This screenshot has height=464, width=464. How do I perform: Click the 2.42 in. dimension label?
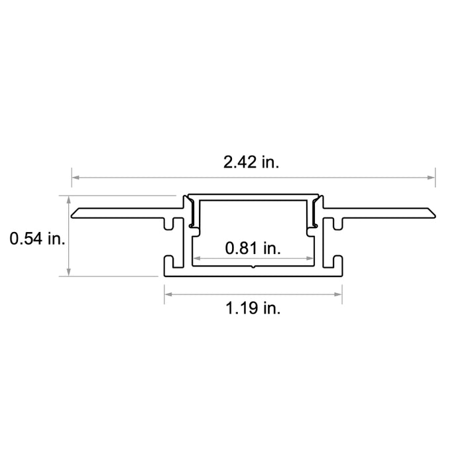(x=251, y=162)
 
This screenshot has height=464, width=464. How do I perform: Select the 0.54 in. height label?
(x=37, y=239)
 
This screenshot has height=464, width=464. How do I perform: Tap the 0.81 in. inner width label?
(x=253, y=249)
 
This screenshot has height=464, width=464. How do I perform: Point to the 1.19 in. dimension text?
(x=253, y=308)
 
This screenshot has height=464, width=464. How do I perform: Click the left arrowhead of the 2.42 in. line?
(x=76, y=178)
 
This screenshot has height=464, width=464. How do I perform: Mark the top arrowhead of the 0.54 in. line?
(x=69, y=200)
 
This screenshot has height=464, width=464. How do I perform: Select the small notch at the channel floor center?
(x=253, y=268)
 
